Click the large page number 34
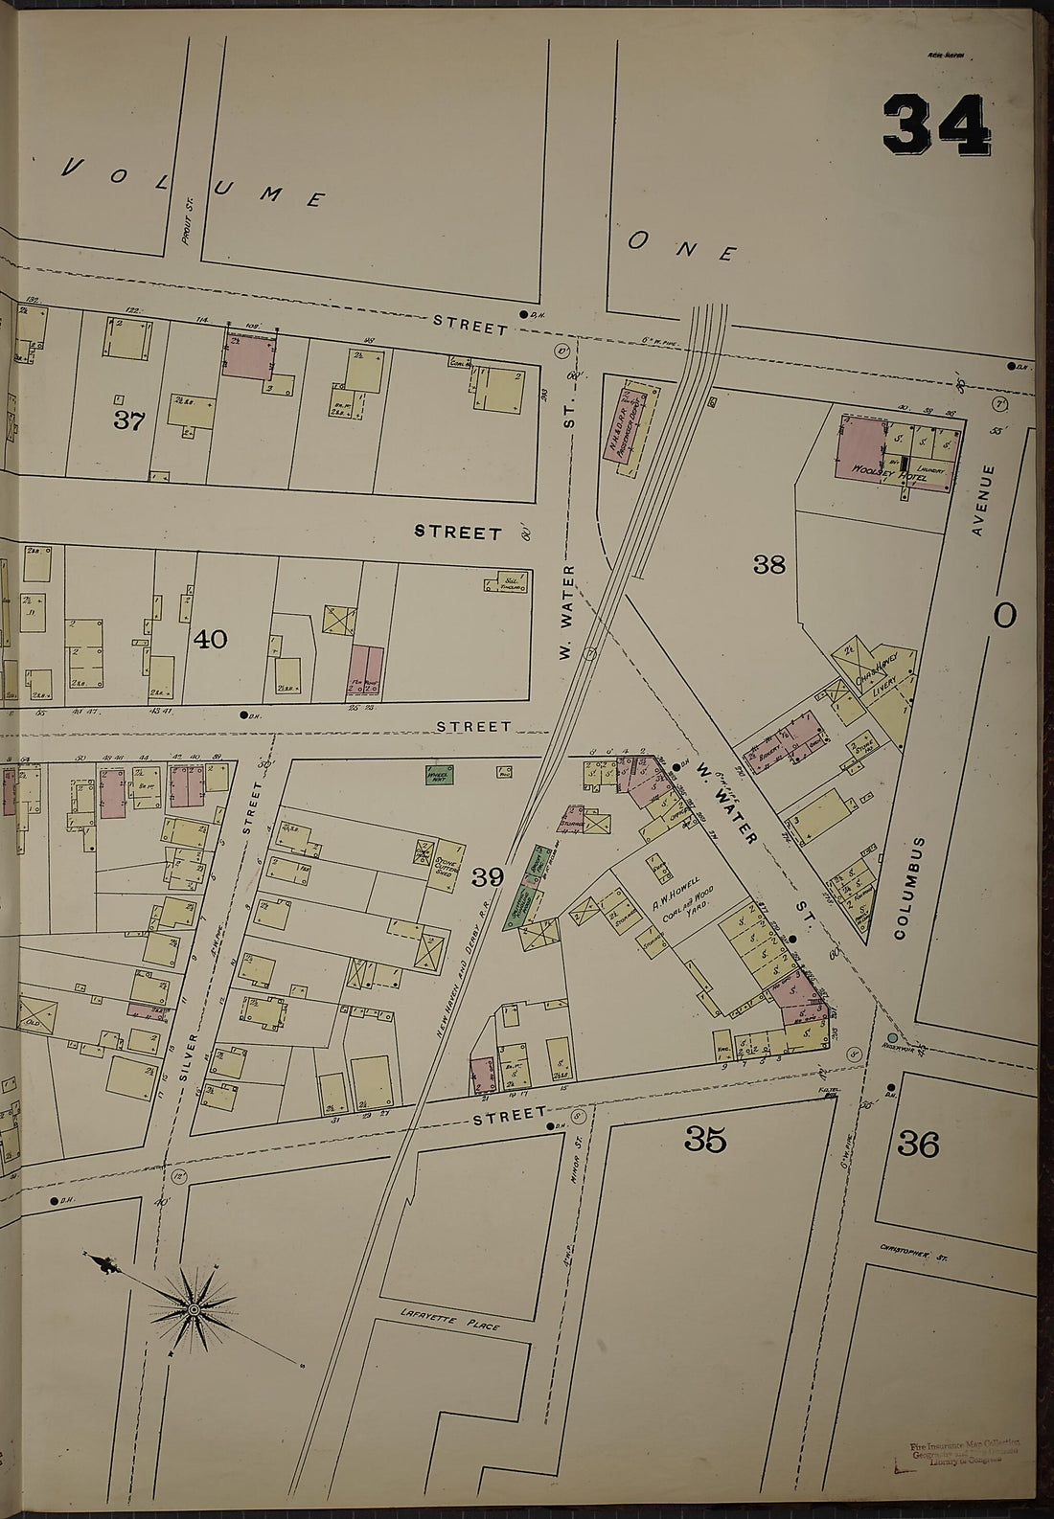(x=935, y=125)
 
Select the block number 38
(x=768, y=564)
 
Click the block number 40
(x=210, y=639)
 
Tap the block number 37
(x=128, y=419)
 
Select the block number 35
(x=704, y=1140)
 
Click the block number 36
(x=918, y=1144)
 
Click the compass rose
(x=194, y=1307)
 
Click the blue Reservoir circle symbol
(x=892, y=1038)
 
